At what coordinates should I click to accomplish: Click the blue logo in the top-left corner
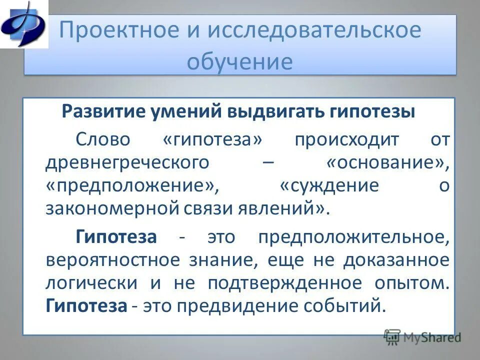23,23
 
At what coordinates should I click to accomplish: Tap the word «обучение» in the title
239,62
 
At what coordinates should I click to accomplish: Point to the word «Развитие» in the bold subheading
101,111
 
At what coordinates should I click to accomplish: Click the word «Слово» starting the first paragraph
103,139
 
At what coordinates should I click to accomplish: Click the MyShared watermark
422,337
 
